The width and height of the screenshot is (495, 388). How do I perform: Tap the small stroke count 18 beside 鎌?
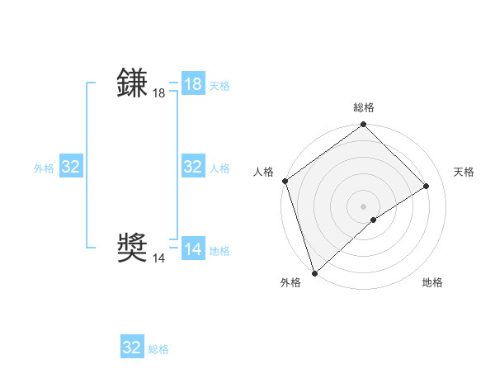(159, 94)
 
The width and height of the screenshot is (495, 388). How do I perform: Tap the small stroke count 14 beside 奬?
(159, 258)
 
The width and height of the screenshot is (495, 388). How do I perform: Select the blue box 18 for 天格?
(193, 84)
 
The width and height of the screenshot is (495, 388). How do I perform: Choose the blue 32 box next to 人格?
(193, 167)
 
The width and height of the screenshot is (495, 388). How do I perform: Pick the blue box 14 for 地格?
(193, 249)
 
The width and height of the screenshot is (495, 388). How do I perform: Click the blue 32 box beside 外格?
(71, 167)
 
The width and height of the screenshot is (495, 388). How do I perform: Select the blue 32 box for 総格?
(132, 348)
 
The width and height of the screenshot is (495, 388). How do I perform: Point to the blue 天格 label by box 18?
(219, 86)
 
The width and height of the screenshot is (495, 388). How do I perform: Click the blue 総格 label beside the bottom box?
(158, 349)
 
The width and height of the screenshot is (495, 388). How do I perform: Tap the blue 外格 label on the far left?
(44, 168)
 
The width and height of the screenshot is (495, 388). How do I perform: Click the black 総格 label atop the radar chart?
(363, 108)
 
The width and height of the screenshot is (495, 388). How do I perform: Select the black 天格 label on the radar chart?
(464, 172)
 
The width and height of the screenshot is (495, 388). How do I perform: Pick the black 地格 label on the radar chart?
(432, 283)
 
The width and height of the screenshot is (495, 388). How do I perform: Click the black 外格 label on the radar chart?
(290, 283)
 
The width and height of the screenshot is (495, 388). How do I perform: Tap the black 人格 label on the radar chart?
(263, 172)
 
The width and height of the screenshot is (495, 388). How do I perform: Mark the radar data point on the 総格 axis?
(363, 125)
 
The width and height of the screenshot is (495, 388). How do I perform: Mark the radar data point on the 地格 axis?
(374, 220)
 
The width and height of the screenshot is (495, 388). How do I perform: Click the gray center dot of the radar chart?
(363, 206)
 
